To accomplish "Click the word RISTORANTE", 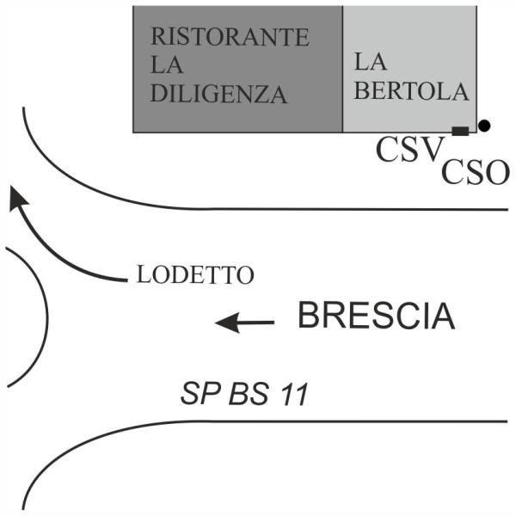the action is [x=230, y=36].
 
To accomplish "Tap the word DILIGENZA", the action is [x=218, y=94].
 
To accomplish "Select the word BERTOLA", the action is [x=411, y=91].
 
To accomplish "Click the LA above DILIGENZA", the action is [x=167, y=64].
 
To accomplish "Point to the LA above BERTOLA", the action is [x=370, y=62].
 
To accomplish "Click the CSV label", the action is [x=408, y=149].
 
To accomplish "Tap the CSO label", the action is [x=476, y=172].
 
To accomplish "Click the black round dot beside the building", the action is [x=484, y=126].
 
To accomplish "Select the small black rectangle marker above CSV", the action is [x=460, y=131].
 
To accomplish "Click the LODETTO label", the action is [x=195, y=274].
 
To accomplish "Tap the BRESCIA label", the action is [x=377, y=316].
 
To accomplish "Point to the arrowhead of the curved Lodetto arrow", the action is [x=17, y=198].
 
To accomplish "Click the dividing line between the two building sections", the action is [x=343, y=69].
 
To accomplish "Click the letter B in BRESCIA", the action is [x=306, y=316].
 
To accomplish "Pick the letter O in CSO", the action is [x=498, y=172].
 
